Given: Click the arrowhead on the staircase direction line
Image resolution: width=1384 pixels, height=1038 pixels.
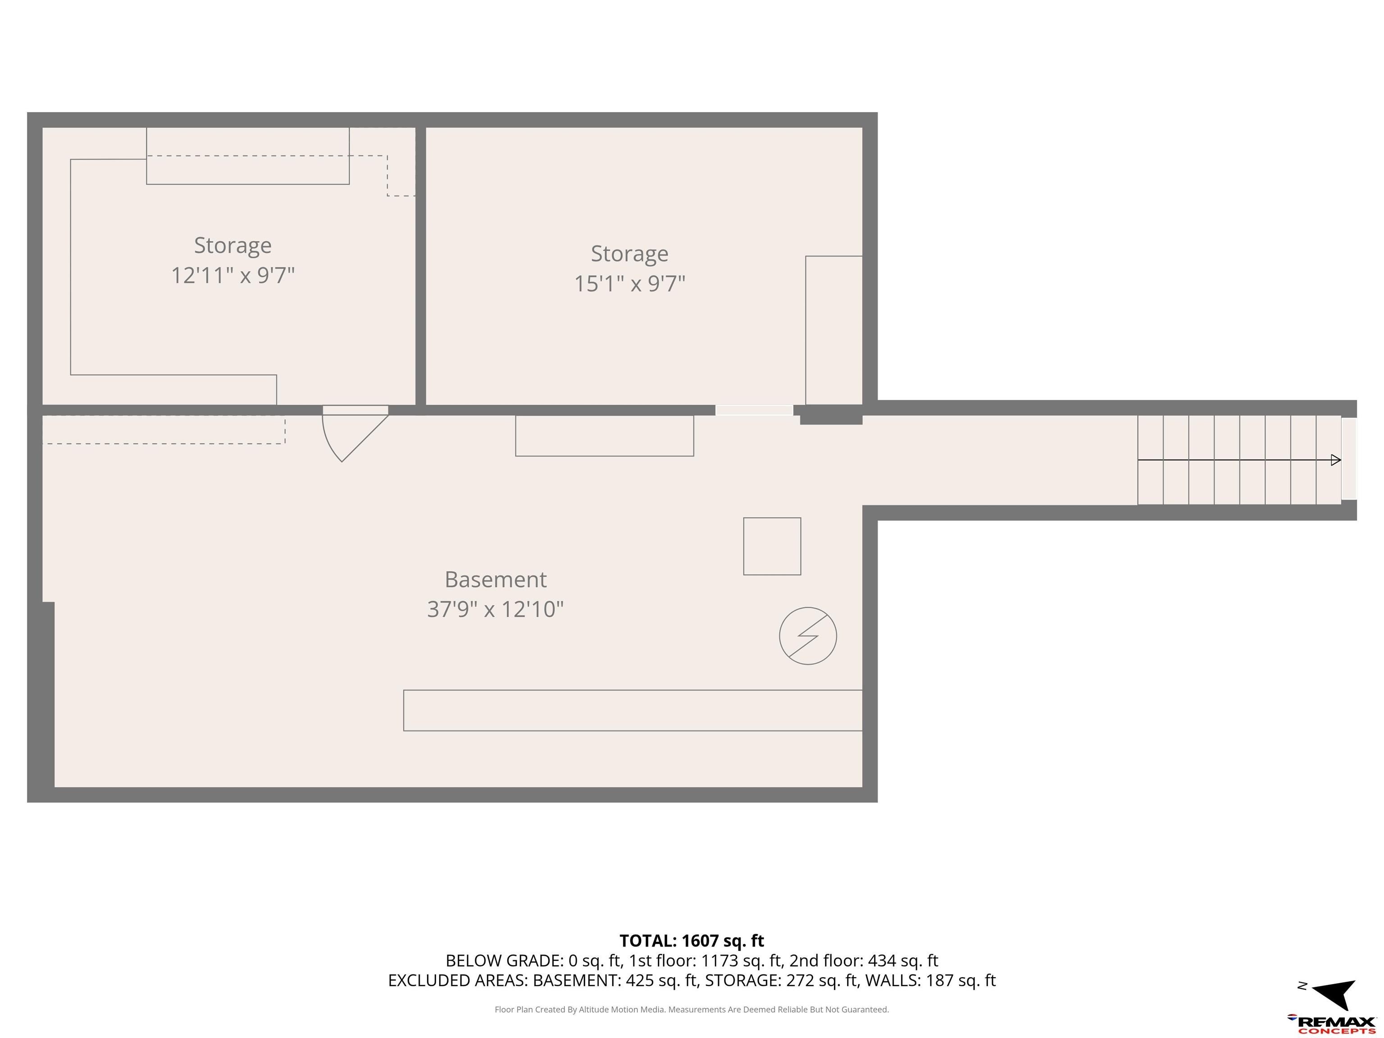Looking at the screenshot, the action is coord(1336,460).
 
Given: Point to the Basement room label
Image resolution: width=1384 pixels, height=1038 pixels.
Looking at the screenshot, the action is coord(496,579).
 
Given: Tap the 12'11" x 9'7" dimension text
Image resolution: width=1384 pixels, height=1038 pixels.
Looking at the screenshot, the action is coord(233,275).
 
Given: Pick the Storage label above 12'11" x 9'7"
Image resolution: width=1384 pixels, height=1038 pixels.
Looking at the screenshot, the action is coord(233,245).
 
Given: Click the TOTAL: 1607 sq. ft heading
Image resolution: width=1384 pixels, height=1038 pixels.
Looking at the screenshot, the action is coord(692,940).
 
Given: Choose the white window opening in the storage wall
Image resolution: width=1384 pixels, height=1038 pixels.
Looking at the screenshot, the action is coord(755,410).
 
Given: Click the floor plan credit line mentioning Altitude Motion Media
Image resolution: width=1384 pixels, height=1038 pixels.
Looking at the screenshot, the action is coord(692,1009).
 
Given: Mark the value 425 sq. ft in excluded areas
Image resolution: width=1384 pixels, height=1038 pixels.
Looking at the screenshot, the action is coord(661,980).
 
